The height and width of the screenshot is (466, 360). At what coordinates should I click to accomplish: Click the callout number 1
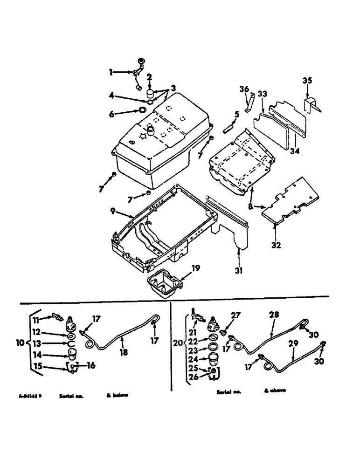coord(111,72)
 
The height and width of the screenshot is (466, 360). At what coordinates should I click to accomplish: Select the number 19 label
coord(196,267)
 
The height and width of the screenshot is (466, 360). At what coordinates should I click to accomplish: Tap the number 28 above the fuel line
coord(274,315)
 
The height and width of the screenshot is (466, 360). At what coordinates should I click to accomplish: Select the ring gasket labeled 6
coord(140,110)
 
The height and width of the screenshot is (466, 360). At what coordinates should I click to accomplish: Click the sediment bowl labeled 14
coord(72,355)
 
